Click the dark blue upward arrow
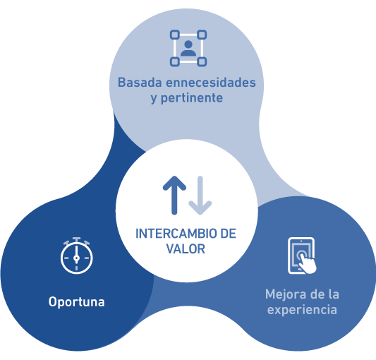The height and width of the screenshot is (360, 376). pos(174,195)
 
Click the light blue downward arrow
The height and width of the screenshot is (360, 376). pos(200,195)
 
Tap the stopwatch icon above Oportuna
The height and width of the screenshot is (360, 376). pos(76,256)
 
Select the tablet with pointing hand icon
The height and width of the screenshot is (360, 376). pos(302,256)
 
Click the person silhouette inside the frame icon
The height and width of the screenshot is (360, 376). pos(188,48)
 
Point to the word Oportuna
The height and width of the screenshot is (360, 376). pos(76,302)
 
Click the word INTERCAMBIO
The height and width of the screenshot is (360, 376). pos(176,234)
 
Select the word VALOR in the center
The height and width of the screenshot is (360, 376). pos(186,249)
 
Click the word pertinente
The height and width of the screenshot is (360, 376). pos(192,98)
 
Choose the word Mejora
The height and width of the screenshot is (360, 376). pos(286,294)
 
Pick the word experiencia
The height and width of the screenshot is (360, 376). pos(302,310)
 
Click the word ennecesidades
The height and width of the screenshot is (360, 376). pos(211,83)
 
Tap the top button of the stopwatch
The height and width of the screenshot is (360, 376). pos(76,239)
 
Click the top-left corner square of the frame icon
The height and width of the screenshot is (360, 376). pos(175,35)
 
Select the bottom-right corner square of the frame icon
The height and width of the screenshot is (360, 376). pos(202,61)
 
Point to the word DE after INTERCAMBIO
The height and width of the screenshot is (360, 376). pos(228,234)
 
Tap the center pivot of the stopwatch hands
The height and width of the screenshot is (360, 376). pos(76,258)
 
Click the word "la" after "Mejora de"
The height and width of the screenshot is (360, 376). pos(333,294)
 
